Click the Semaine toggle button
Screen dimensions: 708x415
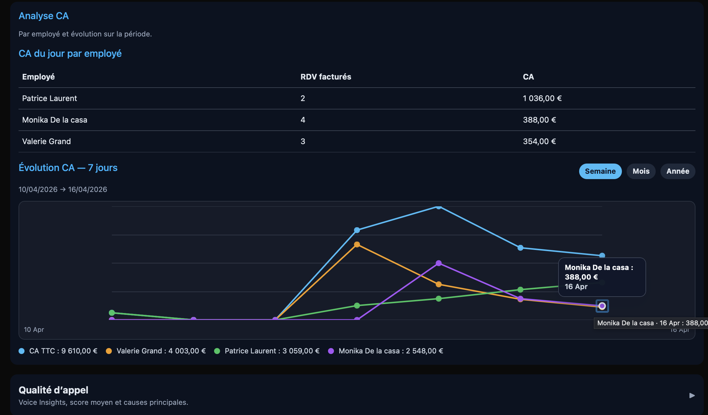[600, 171]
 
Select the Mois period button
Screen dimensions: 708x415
[641, 171]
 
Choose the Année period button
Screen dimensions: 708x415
[678, 171]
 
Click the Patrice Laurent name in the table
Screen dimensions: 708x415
[50, 98]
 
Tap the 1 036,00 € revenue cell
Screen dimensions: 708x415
[542, 98]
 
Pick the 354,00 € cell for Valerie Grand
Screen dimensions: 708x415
[539, 141]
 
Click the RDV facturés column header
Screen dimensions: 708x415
[326, 77]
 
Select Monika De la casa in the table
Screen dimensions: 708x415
[55, 120]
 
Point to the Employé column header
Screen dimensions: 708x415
[39, 77]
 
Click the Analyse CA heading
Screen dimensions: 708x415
[44, 16]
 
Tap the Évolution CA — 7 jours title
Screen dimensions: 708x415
[68, 168]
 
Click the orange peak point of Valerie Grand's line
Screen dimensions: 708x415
[357, 245]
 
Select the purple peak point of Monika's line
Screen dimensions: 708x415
[439, 263]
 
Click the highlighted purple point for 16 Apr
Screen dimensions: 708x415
[602, 306]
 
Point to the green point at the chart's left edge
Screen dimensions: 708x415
[112, 313]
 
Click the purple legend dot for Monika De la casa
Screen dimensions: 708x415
[331, 351]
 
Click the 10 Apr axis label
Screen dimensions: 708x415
[34, 329]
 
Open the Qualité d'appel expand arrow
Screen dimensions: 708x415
[692, 396]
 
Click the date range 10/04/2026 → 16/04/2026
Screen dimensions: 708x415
[63, 190]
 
